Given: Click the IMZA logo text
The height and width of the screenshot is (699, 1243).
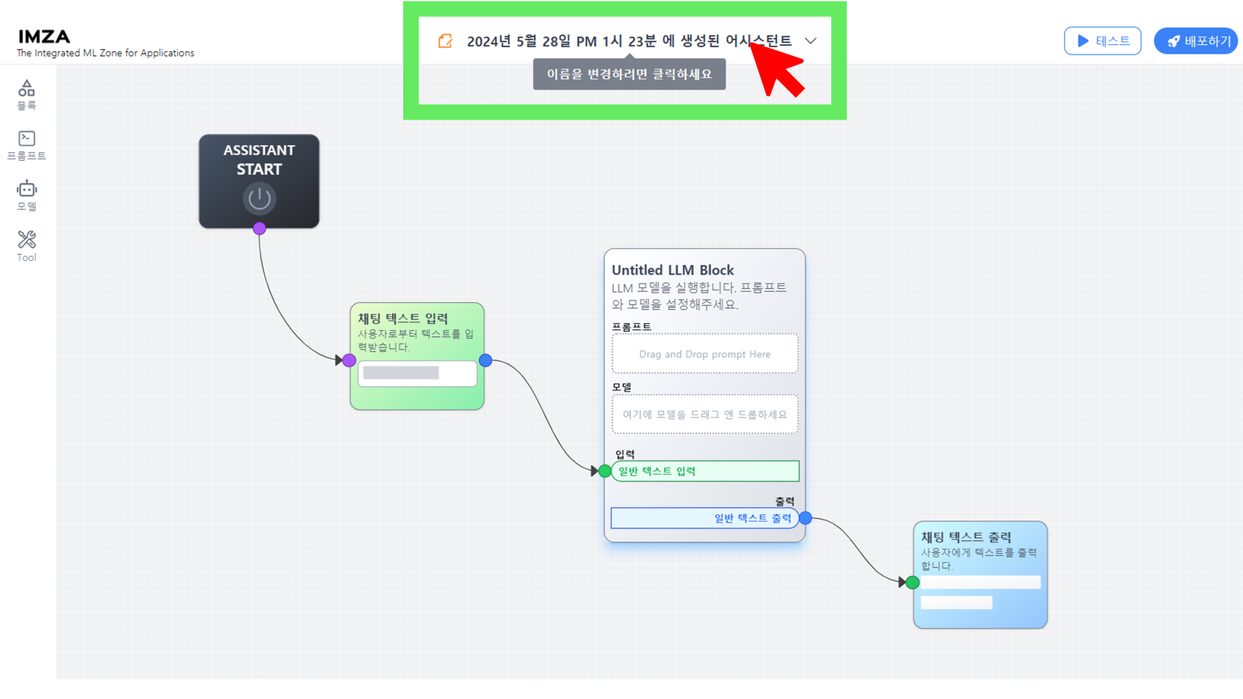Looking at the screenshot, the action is point(44,37).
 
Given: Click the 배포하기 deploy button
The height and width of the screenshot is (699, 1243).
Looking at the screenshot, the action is point(1196,41).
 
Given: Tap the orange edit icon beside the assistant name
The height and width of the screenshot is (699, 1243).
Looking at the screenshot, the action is point(445,41).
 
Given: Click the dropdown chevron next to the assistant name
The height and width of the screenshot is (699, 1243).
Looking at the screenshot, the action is point(811,40).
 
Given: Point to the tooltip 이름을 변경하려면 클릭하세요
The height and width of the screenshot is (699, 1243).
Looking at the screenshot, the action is point(629,74).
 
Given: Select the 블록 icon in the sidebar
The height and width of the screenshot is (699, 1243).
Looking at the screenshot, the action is point(26,89).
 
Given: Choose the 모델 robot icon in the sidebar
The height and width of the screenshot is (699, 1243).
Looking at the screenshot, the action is point(26,189).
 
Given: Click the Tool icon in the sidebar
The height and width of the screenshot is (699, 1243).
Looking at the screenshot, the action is point(26,239).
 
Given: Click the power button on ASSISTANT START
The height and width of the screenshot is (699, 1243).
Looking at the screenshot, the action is point(259,199).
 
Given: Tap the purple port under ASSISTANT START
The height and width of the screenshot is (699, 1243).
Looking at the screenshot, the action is point(259,228).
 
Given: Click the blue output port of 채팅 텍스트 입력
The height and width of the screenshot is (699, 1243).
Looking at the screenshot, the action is point(486,360).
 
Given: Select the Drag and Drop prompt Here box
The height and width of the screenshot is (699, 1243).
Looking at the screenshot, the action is point(705,354).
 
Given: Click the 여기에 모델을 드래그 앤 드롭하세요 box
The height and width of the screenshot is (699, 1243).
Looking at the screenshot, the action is point(705,415).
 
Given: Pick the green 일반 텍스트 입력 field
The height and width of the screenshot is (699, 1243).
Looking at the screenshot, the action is point(705,471).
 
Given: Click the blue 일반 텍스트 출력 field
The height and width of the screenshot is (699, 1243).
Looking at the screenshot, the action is point(705,518).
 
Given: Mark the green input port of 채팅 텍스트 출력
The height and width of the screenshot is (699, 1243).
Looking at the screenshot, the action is point(912,582).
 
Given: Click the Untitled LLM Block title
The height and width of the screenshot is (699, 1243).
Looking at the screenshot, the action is point(673,270).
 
